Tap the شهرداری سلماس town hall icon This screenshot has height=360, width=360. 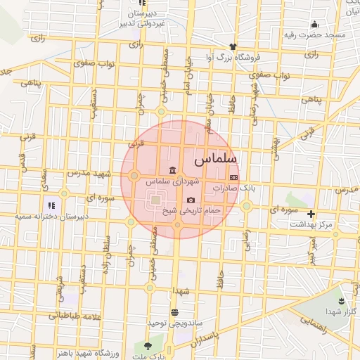(x=172, y=170)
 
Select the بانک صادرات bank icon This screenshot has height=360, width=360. (x=234, y=177)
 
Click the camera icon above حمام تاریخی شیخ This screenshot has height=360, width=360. (x=191, y=200)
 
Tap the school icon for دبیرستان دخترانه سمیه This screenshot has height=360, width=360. (x=51, y=205)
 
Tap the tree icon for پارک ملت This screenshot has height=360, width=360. (x=147, y=347)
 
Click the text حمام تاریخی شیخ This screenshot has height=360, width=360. (x=191, y=210)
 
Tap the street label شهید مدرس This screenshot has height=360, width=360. (x=89, y=173)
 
